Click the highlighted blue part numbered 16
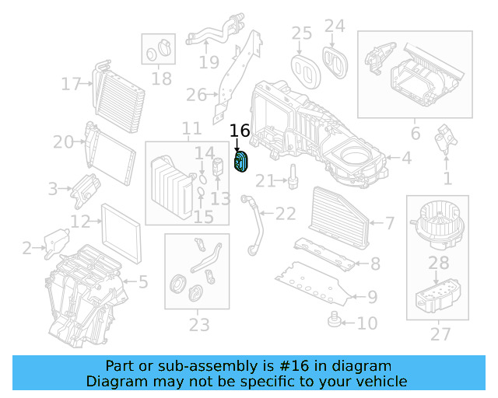[x=242, y=162]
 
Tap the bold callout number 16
[x=240, y=131]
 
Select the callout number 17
[x=72, y=84]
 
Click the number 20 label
[x=64, y=142]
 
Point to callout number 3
[x=53, y=188]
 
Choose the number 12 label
[x=81, y=222]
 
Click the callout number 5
[x=142, y=281]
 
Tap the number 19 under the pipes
[x=209, y=62]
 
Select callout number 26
[x=196, y=96]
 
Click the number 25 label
[x=302, y=33]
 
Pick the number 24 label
[x=335, y=26]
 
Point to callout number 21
[x=265, y=181]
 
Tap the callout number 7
[x=390, y=224]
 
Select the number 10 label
[x=366, y=323]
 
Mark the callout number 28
[x=439, y=264]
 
